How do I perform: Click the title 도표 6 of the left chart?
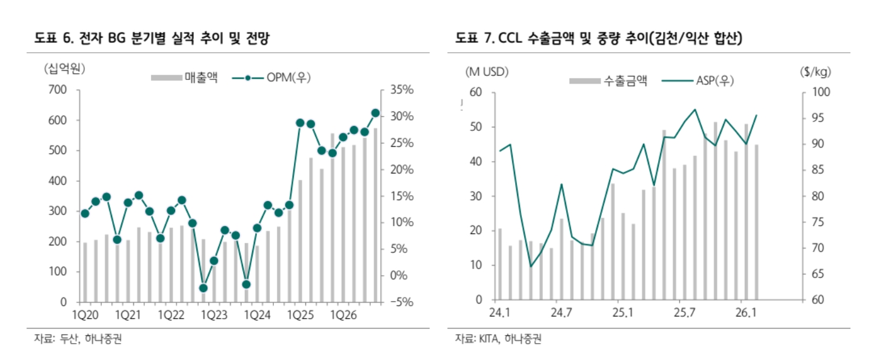click(151, 39)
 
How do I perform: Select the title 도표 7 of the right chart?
click(599, 39)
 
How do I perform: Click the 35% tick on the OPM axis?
click(401, 90)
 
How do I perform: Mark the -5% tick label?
click(401, 302)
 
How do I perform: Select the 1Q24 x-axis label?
click(258, 315)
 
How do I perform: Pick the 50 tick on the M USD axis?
click(476, 127)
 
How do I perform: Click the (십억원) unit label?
click(64, 68)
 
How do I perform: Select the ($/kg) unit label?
click(815, 71)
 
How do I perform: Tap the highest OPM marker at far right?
click(375, 113)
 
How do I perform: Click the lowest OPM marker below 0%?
click(204, 288)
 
